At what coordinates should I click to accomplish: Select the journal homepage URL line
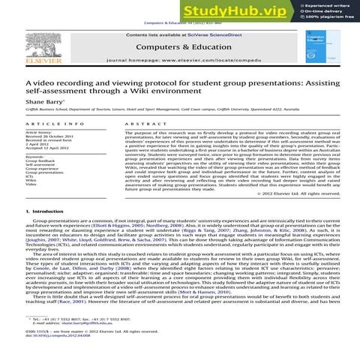181,58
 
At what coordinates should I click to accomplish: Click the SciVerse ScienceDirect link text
217,34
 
